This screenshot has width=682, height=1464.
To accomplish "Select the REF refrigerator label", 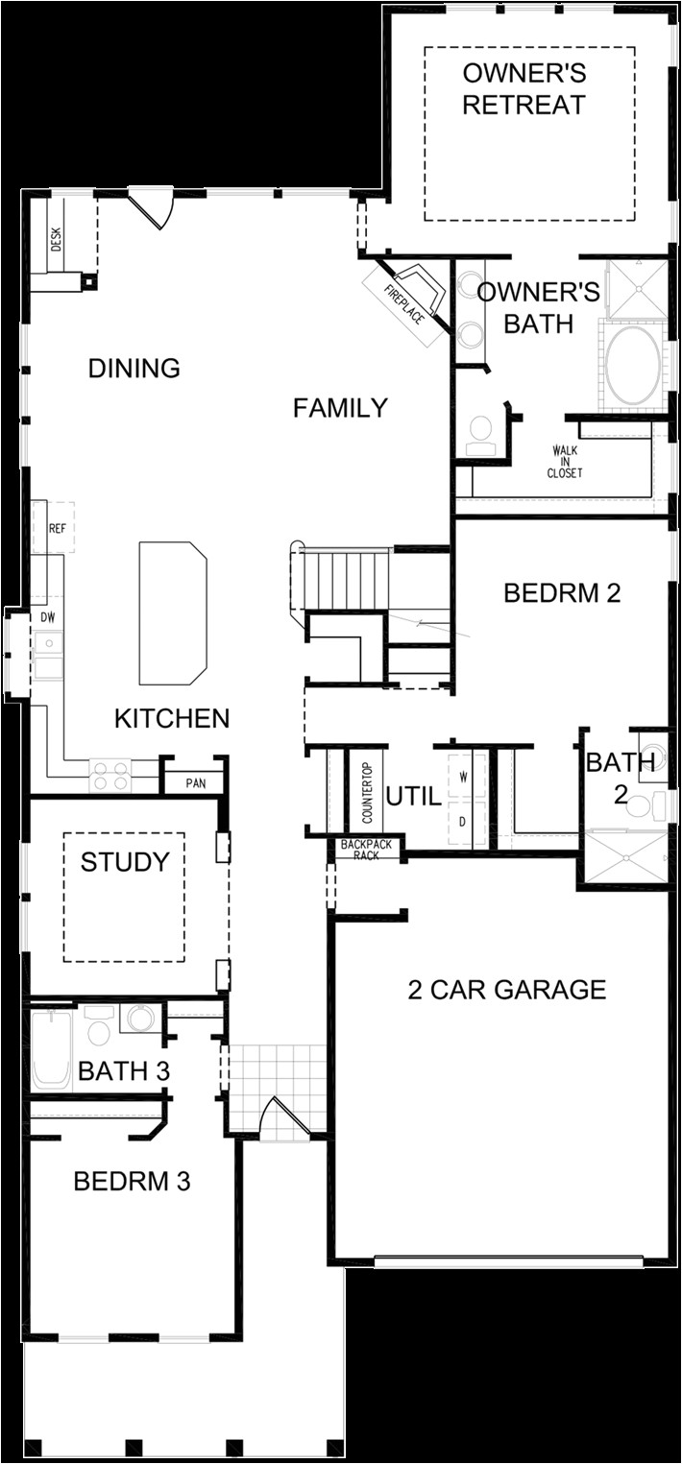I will [57, 528].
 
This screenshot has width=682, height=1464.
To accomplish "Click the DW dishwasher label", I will [48, 616].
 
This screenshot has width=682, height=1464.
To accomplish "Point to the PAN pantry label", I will [196, 783].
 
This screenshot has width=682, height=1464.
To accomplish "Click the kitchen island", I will [173, 612].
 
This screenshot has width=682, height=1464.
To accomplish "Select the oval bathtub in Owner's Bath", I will [633, 366].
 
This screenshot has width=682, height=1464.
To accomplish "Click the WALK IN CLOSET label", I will [565, 462].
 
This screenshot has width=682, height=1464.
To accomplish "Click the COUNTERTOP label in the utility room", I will [367, 794].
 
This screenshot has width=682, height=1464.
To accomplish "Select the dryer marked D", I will [464, 823].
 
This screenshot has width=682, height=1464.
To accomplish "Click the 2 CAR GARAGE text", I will [506, 990].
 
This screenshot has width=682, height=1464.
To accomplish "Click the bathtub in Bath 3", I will [51, 1048].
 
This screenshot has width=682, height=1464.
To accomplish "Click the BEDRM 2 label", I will [562, 593].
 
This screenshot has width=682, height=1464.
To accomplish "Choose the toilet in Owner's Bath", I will [478, 435].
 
